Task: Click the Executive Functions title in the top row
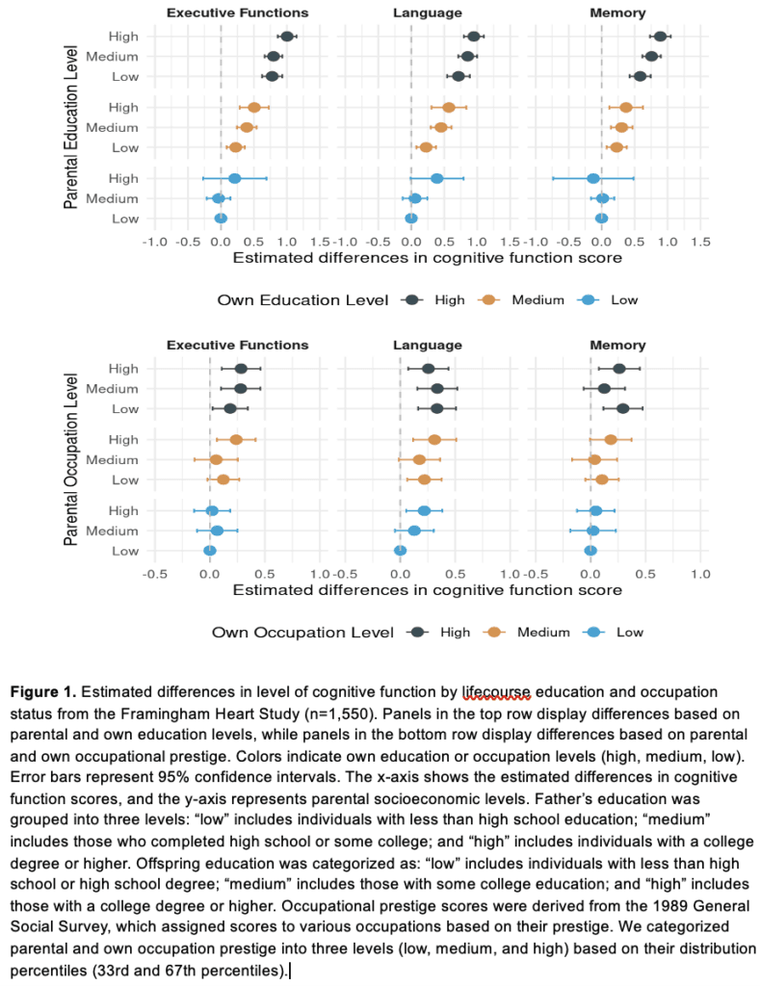click(x=237, y=13)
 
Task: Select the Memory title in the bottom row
click(x=617, y=346)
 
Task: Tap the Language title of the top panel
click(x=427, y=13)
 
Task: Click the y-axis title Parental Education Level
click(x=71, y=127)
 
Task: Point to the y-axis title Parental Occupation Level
click(x=71, y=459)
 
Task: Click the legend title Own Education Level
click(x=302, y=300)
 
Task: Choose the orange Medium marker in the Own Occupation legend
click(x=494, y=632)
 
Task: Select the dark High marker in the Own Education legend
click(x=412, y=300)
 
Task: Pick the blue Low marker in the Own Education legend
click(x=589, y=300)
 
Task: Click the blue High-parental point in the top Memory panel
click(x=593, y=178)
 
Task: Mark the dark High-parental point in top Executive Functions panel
click(x=287, y=37)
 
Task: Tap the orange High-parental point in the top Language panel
click(x=449, y=108)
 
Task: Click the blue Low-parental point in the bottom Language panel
click(x=400, y=551)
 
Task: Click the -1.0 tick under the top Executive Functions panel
click(x=155, y=242)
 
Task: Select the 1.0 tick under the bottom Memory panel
click(x=700, y=574)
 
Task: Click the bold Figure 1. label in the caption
click(x=42, y=692)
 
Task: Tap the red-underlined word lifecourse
click(x=496, y=693)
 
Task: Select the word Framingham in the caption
click(x=158, y=714)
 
